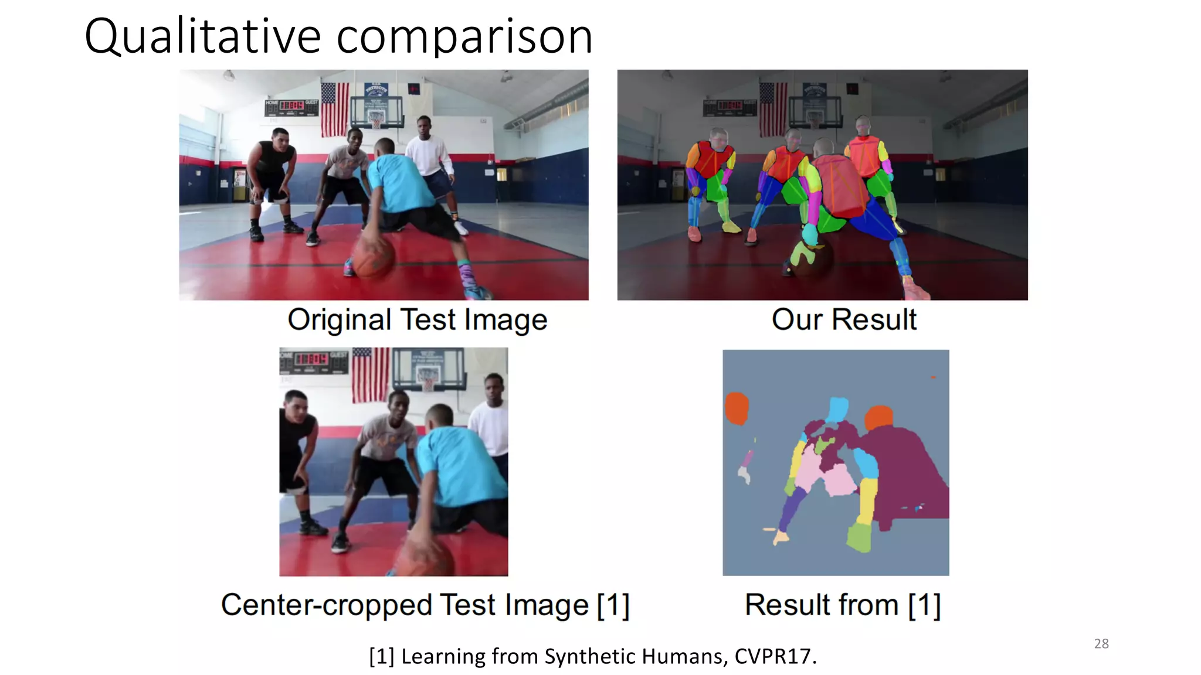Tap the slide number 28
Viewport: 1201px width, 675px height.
pyautogui.click(x=1101, y=643)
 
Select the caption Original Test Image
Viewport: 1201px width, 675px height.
pyautogui.click(x=417, y=320)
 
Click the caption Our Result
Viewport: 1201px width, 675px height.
pyautogui.click(x=843, y=320)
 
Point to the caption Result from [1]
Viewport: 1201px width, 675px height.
pyautogui.click(x=842, y=605)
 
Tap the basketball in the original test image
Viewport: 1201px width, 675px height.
pyautogui.click(x=373, y=255)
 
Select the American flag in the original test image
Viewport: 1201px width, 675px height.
pyautogui.click(x=335, y=108)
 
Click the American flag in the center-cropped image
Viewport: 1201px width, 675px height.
pyautogui.click(x=370, y=375)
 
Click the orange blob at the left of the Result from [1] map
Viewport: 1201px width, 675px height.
pyautogui.click(x=737, y=408)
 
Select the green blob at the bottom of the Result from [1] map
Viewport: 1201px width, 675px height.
pyautogui.click(x=859, y=537)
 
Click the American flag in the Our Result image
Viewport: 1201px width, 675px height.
pyautogui.click(x=773, y=108)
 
